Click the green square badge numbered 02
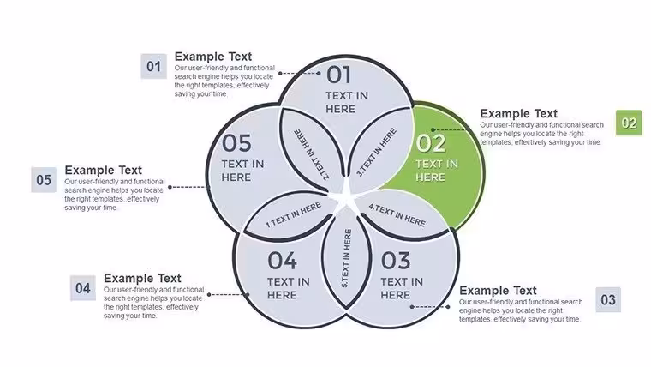point(629,123)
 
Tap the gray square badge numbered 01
point(153,66)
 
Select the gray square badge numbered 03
point(608,299)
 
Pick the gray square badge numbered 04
point(82,288)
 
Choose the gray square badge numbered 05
point(44,180)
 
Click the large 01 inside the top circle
point(339,75)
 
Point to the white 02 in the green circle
point(431,143)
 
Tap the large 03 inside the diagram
point(396,261)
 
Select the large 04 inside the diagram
point(283,261)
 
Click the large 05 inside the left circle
point(236,143)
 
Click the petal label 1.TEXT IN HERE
point(294,214)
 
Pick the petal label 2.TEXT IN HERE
point(312,154)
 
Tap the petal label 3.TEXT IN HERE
point(377,152)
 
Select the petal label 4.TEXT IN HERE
point(397,214)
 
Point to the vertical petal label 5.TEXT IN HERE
point(346,258)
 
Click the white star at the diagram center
point(346,196)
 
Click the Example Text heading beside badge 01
point(213,57)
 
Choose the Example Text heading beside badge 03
point(498,290)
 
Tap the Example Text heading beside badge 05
point(104,171)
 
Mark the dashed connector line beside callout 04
point(229,295)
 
